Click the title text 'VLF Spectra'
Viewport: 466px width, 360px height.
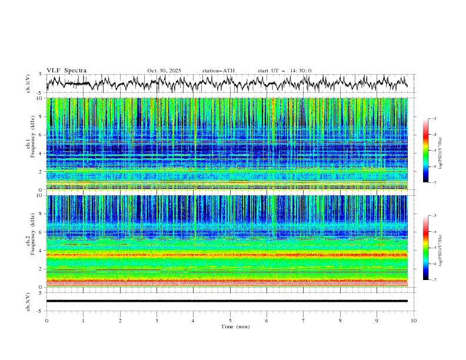pos(66,71)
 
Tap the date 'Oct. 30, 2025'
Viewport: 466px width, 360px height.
pos(164,71)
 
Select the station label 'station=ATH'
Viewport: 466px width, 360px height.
pos(218,71)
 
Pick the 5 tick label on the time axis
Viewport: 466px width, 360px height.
pos(230,320)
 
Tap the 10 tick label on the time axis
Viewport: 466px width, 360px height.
pos(414,320)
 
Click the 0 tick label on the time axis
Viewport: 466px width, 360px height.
pos(46,320)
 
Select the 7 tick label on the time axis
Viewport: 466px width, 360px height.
pos(304,320)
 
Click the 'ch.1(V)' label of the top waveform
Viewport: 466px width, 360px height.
pos(28,84)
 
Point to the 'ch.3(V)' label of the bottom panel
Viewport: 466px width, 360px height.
pos(28,301)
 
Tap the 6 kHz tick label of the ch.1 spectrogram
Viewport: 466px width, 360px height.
pos(39,135)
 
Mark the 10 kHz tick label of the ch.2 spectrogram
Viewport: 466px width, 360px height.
pos(38,196)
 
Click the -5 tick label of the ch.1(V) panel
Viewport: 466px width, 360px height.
pos(38,93)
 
